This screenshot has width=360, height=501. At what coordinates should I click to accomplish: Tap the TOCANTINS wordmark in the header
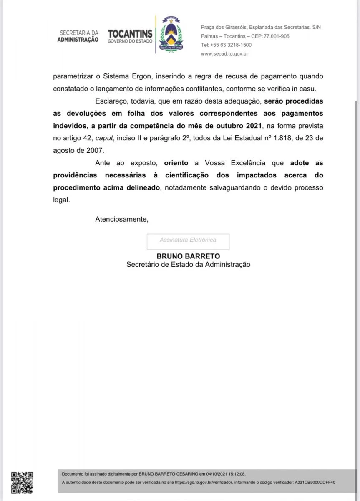pos(130,34)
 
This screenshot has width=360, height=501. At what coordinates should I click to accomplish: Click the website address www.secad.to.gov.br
pos(224,54)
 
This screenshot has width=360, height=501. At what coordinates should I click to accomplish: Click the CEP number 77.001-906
pos(276,36)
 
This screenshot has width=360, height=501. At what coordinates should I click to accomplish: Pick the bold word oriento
pos(176,163)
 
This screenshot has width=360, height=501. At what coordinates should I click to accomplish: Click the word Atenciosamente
pos(121,219)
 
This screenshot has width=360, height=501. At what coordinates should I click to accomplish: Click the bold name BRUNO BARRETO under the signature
pos(188,256)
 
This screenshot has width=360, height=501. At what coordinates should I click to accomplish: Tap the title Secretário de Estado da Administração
pos(188,264)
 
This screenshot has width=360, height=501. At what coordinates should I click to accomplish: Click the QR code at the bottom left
pos(22,483)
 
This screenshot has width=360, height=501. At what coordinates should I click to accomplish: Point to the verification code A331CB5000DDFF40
pos(315,482)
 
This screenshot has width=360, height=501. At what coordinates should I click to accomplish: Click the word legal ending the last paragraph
pos(61,200)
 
